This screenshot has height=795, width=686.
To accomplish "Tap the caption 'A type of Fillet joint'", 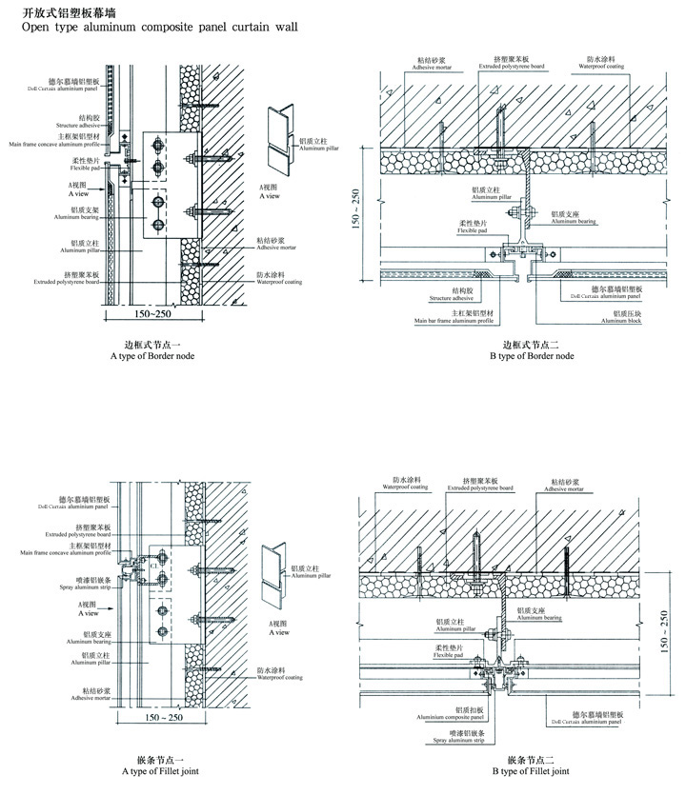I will pyautogui.click(x=159, y=770).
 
